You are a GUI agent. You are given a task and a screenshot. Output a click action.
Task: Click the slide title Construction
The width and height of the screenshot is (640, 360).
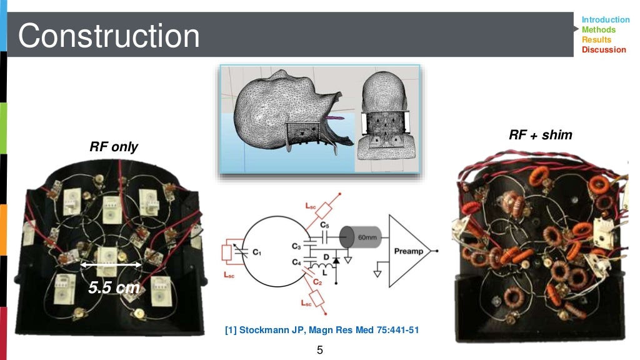click(109, 36)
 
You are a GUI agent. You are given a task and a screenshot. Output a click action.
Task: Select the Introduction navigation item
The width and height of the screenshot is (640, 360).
click(605, 20)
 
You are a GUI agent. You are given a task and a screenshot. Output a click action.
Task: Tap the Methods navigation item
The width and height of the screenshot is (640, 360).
click(598, 30)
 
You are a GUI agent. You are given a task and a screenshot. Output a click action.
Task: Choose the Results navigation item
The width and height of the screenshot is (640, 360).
click(596, 40)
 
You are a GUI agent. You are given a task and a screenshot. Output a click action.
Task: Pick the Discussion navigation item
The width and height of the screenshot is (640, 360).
click(603, 50)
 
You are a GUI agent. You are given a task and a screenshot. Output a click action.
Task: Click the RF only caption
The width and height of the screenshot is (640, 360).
click(113, 147)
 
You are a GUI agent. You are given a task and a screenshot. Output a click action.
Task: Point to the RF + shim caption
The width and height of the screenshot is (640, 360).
click(540, 135)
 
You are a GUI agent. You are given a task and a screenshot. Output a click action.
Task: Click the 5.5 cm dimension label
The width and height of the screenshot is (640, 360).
click(113, 288)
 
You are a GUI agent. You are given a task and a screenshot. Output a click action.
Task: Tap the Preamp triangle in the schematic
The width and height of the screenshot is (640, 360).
click(410, 251)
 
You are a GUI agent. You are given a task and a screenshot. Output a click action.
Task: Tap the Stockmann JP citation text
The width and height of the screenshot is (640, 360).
click(321, 330)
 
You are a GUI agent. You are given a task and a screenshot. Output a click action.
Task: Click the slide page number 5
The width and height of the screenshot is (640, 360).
click(320, 350)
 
